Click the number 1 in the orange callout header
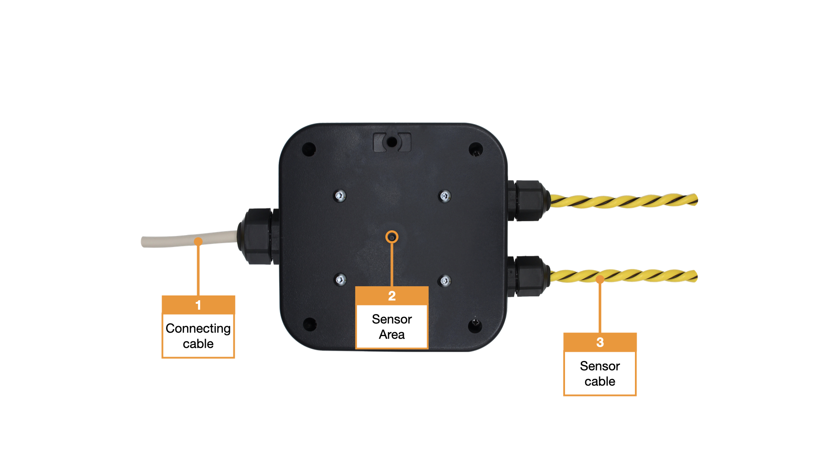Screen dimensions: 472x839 pos(198,305)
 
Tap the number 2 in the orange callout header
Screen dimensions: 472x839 pos(392,296)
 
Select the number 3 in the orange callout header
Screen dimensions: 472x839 pos(600,342)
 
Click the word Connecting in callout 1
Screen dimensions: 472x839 pos(198,328)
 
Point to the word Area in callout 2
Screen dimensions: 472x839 pos(392,334)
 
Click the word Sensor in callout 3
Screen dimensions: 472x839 pos(600,366)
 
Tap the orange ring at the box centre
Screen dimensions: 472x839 pos(392,237)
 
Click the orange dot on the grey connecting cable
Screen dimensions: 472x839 pos(198,241)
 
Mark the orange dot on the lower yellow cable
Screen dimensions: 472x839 pos(600,279)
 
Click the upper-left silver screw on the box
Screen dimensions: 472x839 pos(340,196)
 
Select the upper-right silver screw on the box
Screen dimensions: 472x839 pos(445,196)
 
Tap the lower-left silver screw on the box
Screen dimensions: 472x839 pos(340,279)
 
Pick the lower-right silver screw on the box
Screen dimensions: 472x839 pos(445,281)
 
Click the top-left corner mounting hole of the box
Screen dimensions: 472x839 pos(309,149)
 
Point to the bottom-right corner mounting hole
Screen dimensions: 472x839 pos(475,325)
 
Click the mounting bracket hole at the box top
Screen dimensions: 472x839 pos(392,142)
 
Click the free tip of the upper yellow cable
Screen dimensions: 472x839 pos(695,200)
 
